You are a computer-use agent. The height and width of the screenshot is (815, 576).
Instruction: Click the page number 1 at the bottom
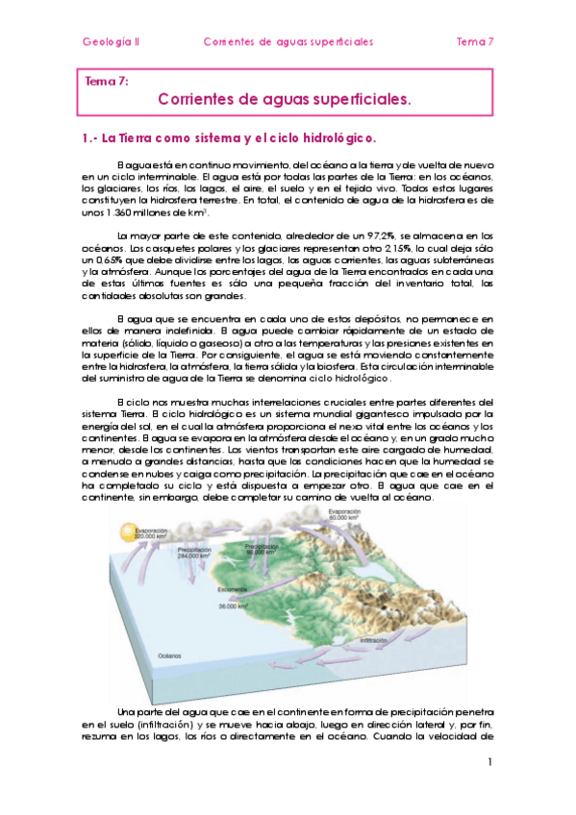489,762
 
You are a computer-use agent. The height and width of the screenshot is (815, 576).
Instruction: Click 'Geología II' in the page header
112,42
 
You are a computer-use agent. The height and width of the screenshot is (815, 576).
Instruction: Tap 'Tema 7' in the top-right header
474,42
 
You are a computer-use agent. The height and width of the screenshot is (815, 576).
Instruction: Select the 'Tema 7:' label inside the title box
107,82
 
